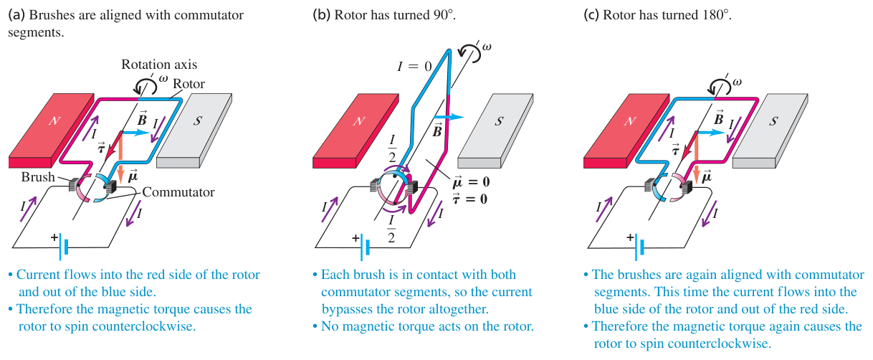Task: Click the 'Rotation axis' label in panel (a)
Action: point(159,65)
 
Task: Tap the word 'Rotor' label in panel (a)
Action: point(189,83)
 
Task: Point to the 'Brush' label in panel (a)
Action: point(38,176)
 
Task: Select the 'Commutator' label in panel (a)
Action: point(178,192)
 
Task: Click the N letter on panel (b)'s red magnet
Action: point(358,121)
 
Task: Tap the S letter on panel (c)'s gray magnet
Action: point(773,121)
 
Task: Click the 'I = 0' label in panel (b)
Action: point(414,66)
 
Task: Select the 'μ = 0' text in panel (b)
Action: point(471,181)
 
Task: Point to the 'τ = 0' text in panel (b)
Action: point(470,199)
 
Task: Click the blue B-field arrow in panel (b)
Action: point(449,117)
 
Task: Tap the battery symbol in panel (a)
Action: point(64,247)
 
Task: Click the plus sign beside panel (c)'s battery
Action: point(630,237)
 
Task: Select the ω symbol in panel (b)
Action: point(487,47)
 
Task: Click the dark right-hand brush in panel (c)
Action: point(687,188)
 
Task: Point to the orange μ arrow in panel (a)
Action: point(120,157)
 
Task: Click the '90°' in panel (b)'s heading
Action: point(444,15)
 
